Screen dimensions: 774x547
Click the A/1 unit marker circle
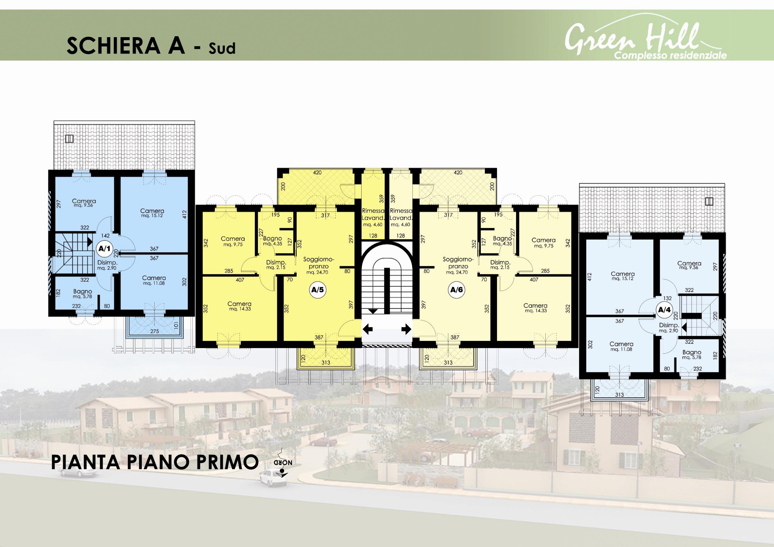(x=104, y=249)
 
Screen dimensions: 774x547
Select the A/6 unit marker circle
(x=457, y=290)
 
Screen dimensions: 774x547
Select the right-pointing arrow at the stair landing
(x=406, y=329)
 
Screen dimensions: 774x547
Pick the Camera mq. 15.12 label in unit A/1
(x=152, y=213)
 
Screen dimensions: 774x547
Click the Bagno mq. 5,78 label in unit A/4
(x=692, y=355)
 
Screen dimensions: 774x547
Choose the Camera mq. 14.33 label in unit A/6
(x=535, y=308)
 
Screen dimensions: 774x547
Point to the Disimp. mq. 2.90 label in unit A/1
(x=107, y=265)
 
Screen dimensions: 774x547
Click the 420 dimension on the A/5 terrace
(x=317, y=173)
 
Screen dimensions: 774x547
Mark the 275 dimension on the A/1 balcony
(x=154, y=331)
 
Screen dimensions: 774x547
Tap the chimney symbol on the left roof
(x=70, y=139)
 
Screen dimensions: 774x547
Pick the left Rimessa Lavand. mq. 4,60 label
(x=373, y=217)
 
